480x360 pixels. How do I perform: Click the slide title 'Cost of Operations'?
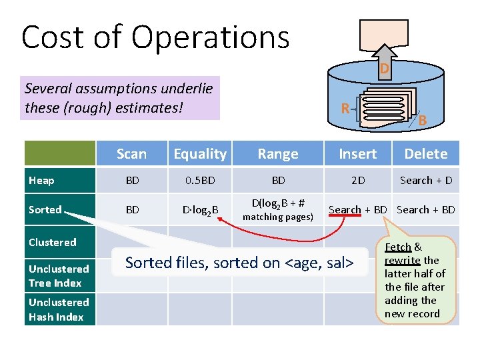point(155,37)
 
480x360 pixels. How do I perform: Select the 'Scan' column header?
point(131,154)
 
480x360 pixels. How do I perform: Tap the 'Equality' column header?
point(200,154)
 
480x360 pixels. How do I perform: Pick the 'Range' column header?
point(278,154)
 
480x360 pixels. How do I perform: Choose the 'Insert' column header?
point(357,154)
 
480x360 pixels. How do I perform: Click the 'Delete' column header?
point(426,154)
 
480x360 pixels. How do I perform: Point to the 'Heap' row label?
point(41,180)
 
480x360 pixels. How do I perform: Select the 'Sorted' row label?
point(45,209)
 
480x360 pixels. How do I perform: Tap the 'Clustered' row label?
point(52,242)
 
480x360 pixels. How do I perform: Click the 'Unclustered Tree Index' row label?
point(59,276)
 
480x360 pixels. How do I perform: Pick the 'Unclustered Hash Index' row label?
point(56,309)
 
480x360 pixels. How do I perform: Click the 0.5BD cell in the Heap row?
point(200,181)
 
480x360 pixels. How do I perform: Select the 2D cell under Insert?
point(358,181)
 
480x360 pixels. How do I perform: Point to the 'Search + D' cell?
point(426,181)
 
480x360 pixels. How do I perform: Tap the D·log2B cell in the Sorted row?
point(200,211)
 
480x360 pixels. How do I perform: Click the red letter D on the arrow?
point(385,69)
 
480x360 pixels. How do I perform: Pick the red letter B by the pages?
point(422,121)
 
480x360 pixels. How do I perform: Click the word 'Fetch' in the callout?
point(399,247)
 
